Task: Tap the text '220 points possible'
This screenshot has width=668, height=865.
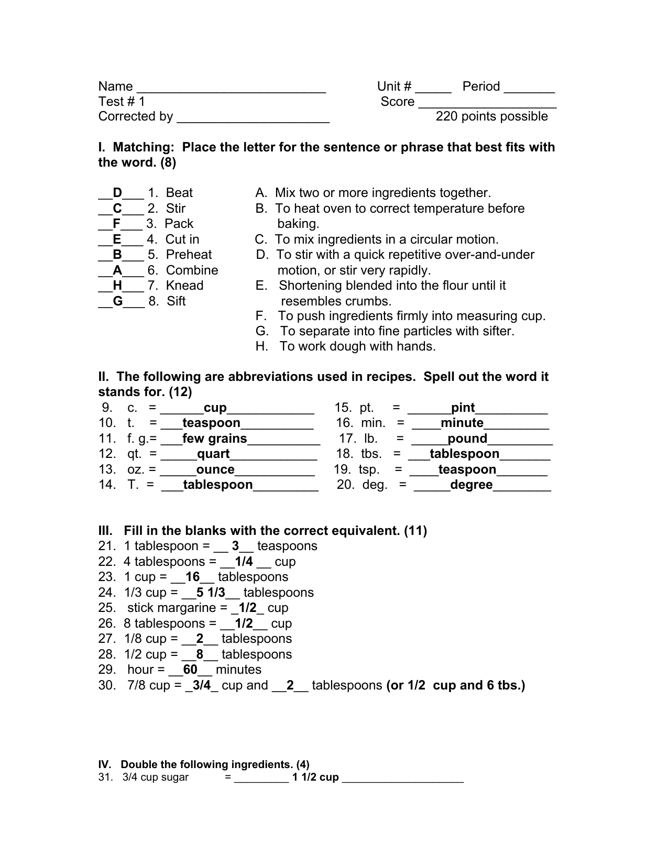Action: coord(491,116)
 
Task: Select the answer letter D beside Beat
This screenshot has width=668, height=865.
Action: coord(117,193)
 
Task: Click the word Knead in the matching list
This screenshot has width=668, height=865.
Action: coord(184,286)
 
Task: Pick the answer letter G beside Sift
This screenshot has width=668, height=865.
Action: coord(118,301)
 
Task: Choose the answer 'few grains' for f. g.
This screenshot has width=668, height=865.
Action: coord(215,439)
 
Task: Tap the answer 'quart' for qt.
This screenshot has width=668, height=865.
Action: coord(213,454)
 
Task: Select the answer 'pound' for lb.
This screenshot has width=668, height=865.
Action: coord(467,439)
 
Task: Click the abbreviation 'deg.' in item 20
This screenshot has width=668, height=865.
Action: coord(374,485)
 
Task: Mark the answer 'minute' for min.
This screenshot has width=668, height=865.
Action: coord(462,423)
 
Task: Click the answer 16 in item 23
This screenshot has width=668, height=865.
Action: coord(193,577)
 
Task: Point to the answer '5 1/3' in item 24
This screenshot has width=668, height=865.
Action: coord(211,593)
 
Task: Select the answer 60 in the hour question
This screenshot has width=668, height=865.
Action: coord(190,670)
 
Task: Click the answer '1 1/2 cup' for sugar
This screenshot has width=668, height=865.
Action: coord(315,778)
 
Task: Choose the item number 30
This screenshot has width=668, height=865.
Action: coord(106,685)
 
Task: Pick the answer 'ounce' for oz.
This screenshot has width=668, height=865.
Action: coord(215,469)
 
